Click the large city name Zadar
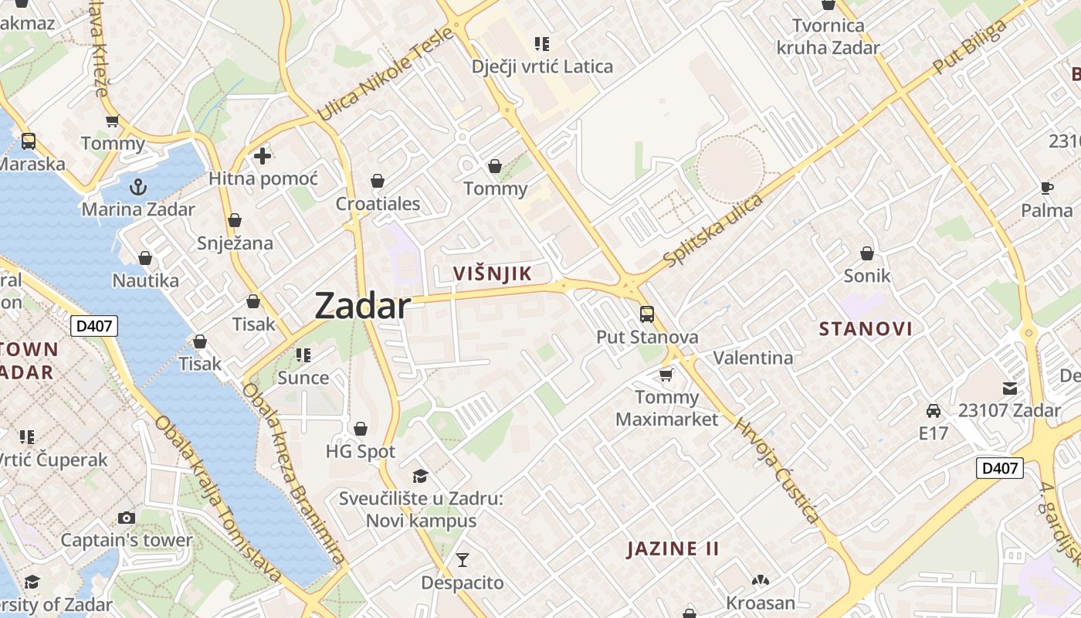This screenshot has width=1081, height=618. pos(362,307)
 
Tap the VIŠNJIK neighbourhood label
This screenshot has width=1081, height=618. pos(493,273)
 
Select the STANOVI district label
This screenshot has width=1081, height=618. pos(866,329)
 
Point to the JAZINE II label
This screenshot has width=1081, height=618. pos(673,549)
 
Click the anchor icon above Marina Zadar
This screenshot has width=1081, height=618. pos(138,187)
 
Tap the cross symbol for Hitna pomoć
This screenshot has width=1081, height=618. pos(263,156)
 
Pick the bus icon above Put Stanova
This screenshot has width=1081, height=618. pos(647,314)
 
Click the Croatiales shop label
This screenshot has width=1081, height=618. pos(378,204)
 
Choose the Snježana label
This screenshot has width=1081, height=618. pos(235,243)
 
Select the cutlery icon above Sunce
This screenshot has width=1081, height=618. pos(303,355)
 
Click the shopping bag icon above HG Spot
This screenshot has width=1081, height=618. pos(361,429)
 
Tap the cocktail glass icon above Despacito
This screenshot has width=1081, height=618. pos(463,559)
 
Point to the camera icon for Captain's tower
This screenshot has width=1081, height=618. pos(127,518)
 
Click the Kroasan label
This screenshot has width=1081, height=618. pos(760,603)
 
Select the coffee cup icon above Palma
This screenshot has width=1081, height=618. pos(1047,188)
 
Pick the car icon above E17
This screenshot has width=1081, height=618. pos(934,411)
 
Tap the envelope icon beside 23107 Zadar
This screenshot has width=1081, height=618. pos(1010,388)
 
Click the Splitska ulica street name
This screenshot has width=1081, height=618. pos(713,230)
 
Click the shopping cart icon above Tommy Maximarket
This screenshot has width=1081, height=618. pos(666,375)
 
